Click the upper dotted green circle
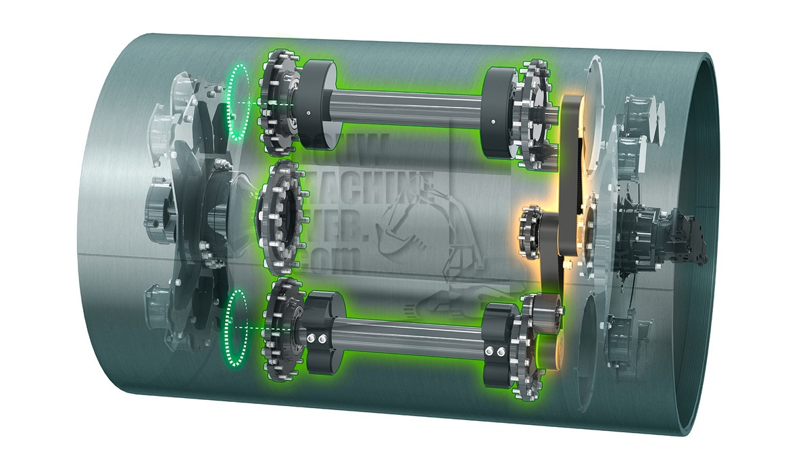click(x=239, y=102)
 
